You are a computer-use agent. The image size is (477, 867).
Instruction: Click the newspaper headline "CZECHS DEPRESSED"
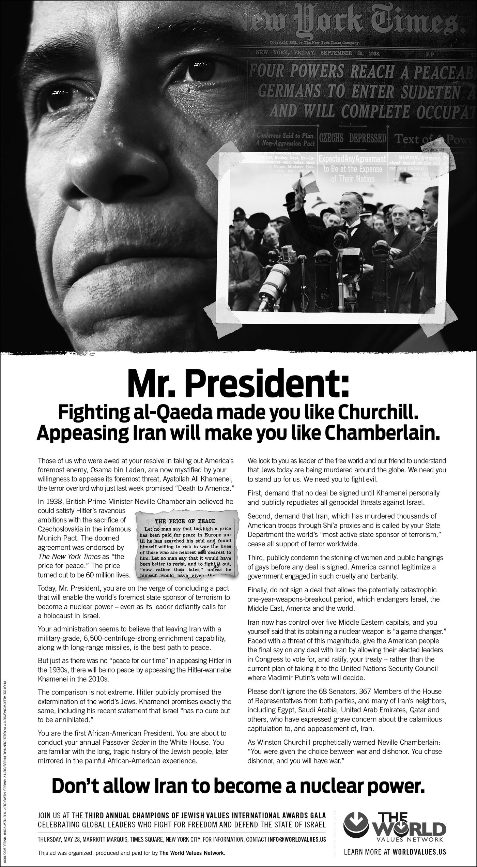(x=352, y=139)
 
